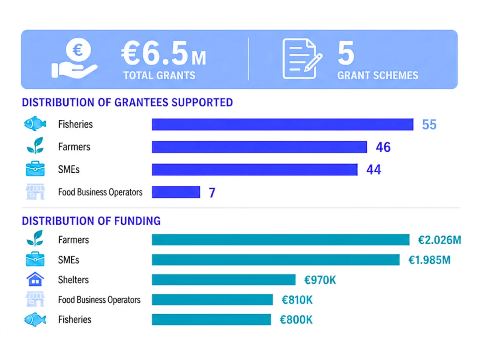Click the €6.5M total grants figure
coord(163,53)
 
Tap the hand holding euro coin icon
coord(74,58)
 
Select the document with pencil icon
coord(302,59)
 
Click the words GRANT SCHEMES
coord(378,75)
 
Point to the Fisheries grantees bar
coord(282,124)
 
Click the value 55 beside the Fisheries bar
coord(429,125)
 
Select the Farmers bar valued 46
coord(259,147)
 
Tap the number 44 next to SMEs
coord(374,170)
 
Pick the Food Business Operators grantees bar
coord(176,192)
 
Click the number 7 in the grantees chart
coord(212,193)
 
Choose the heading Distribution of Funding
coord(91,221)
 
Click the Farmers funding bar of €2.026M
coord(280,240)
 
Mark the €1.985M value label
coord(429,260)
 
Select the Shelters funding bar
coord(223,279)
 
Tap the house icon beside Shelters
coord(35,279)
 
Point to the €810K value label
coord(297,300)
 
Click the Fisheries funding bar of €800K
coord(211,320)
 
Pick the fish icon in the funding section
coord(35,320)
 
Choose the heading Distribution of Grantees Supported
coord(127,102)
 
